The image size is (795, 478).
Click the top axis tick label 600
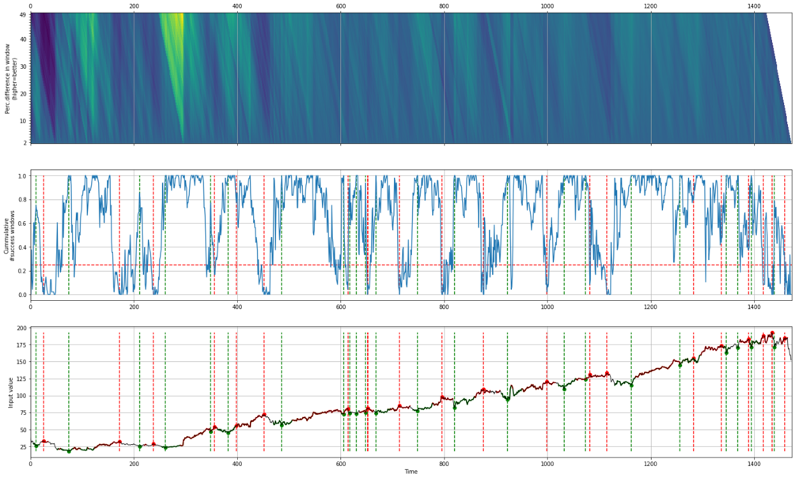(x=340, y=6)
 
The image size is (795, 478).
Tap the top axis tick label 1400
(x=753, y=6)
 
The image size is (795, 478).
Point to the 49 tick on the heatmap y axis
(x=23, y=13)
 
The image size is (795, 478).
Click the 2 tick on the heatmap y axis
(x=25, y=143)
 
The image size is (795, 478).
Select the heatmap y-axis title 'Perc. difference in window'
(x=7, y=77)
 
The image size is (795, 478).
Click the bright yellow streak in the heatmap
(x=174, y=40)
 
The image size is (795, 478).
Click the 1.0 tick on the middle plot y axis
(x=21, y=176)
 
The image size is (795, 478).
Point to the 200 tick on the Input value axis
(x=21, y=328)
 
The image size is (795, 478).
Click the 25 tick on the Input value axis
(x=22, y=446)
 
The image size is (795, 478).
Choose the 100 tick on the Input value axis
(x=21, y=395)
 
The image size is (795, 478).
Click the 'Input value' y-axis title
(x=10, y=390)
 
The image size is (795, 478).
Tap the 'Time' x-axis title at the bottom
(x=411, y=472)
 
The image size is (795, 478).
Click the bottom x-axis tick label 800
(x=443, y=462)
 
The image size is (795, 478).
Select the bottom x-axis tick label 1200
(x=650, y=462)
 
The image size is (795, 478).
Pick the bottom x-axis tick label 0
(x=31, y=462)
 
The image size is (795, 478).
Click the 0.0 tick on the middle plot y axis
(x=21, y=295)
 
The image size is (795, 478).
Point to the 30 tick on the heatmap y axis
(x=23, y=66)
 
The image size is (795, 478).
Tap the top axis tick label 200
(x=134, y=6)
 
